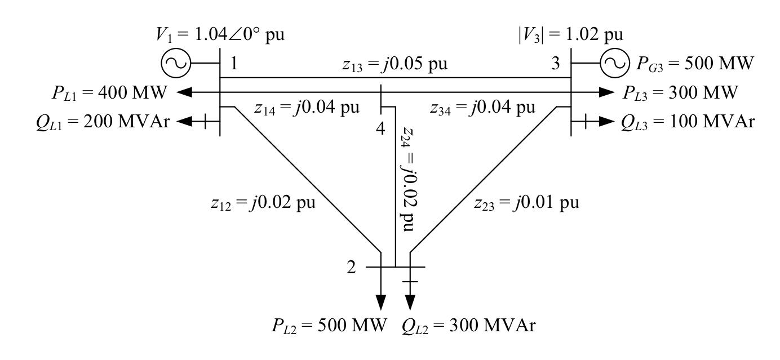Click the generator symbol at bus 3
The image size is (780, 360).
pos(612,64)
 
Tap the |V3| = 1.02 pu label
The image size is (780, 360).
pos(574,35)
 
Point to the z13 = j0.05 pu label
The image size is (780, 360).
pos(395,64)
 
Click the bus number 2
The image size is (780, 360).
pos(351,267)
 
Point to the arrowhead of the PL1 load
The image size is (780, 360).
pos(183,92)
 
